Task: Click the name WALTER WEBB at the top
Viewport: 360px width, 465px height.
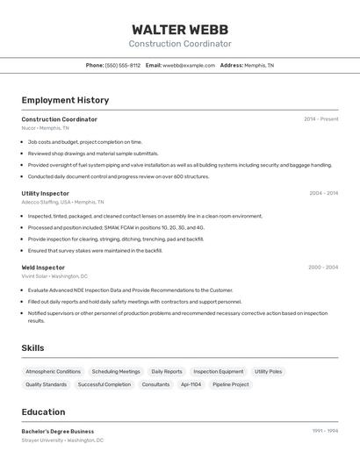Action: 180,29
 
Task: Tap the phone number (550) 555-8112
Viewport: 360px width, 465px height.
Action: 123,65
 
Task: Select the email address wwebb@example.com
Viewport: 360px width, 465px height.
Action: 189,65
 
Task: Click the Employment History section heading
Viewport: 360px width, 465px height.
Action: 65,100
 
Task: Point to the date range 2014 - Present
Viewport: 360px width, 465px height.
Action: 320,119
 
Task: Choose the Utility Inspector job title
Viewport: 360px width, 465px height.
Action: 46,193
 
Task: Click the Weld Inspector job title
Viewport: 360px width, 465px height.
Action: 43,268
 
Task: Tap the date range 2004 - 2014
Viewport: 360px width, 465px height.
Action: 323,193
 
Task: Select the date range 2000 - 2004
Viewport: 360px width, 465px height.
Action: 323,268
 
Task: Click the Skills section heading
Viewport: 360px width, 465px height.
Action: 32,348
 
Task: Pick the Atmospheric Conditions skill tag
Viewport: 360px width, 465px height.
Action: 54,371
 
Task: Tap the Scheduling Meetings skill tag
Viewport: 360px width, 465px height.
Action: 116,371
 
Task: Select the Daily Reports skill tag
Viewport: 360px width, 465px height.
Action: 167,371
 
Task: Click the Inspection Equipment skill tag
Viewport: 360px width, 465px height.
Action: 219,371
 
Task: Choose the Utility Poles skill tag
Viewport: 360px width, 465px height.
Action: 269,371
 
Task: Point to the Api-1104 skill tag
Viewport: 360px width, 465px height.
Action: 191,384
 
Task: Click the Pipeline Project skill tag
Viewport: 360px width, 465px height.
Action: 231,384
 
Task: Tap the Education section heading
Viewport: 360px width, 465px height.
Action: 43,412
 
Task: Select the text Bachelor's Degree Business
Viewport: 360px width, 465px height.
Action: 58,432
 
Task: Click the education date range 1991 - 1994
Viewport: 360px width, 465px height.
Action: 325,432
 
